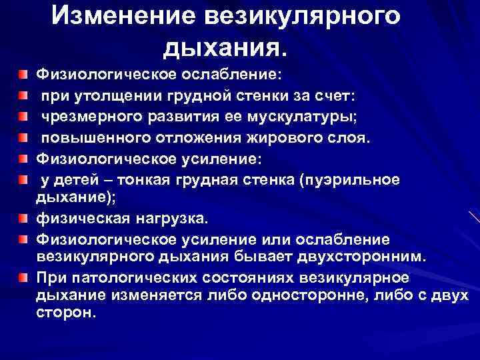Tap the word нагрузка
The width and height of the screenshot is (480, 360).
click(x=167, y=217)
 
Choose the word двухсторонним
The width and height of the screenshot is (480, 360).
click(x=365, y=256)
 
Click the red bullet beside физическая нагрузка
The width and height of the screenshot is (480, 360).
click(x=23, y=217)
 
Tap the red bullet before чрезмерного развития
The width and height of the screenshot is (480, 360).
click(x=23, y=118)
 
